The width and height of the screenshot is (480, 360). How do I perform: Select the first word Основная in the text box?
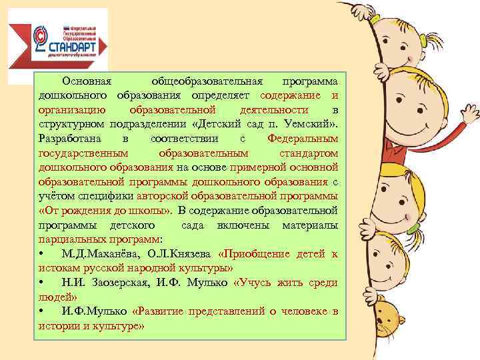(92, 81)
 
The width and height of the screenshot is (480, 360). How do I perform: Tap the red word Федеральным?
(302, 138)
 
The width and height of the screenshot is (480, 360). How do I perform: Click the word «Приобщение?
(254, 253)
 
